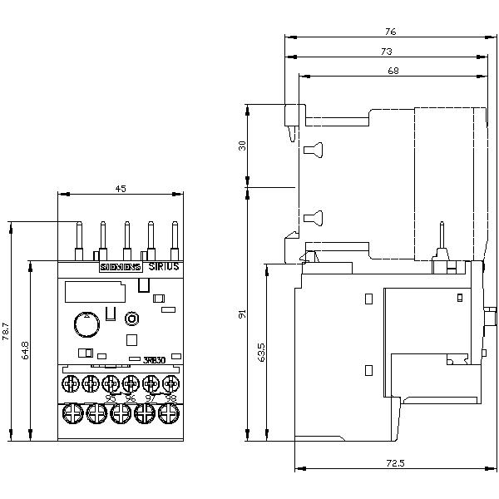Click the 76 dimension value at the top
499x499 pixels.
(391, 32)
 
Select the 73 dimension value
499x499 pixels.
(386, 52)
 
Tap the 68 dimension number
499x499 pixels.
(393, 72)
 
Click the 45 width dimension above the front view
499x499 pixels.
(120, 189)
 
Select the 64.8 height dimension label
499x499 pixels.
(26, 350)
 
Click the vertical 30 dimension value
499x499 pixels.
(242, 146)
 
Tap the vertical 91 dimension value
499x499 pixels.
(242, 314)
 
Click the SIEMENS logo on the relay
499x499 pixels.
(121, 267)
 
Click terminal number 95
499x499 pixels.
(110, 398)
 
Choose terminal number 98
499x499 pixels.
(170, 398)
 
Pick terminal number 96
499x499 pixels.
(130, 398)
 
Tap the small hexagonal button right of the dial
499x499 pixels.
(131, 319)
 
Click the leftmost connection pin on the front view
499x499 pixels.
(79, 240)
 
